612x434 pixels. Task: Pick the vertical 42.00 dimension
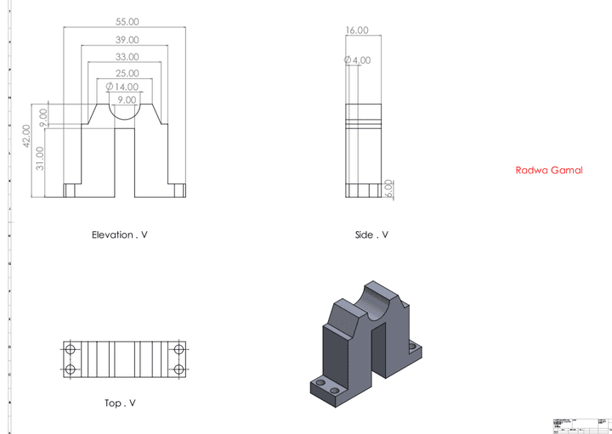point(27,136)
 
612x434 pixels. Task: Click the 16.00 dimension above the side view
point(356,31)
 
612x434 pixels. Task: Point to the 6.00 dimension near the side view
point(389,188)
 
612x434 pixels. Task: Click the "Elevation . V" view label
point(124,234)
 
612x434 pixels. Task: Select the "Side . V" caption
point(371,234)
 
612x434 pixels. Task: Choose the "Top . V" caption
point(120,403)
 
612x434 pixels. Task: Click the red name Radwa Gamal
point(549,170)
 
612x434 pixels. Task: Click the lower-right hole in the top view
point(179,369)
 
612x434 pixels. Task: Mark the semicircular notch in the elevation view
point(124,110)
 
